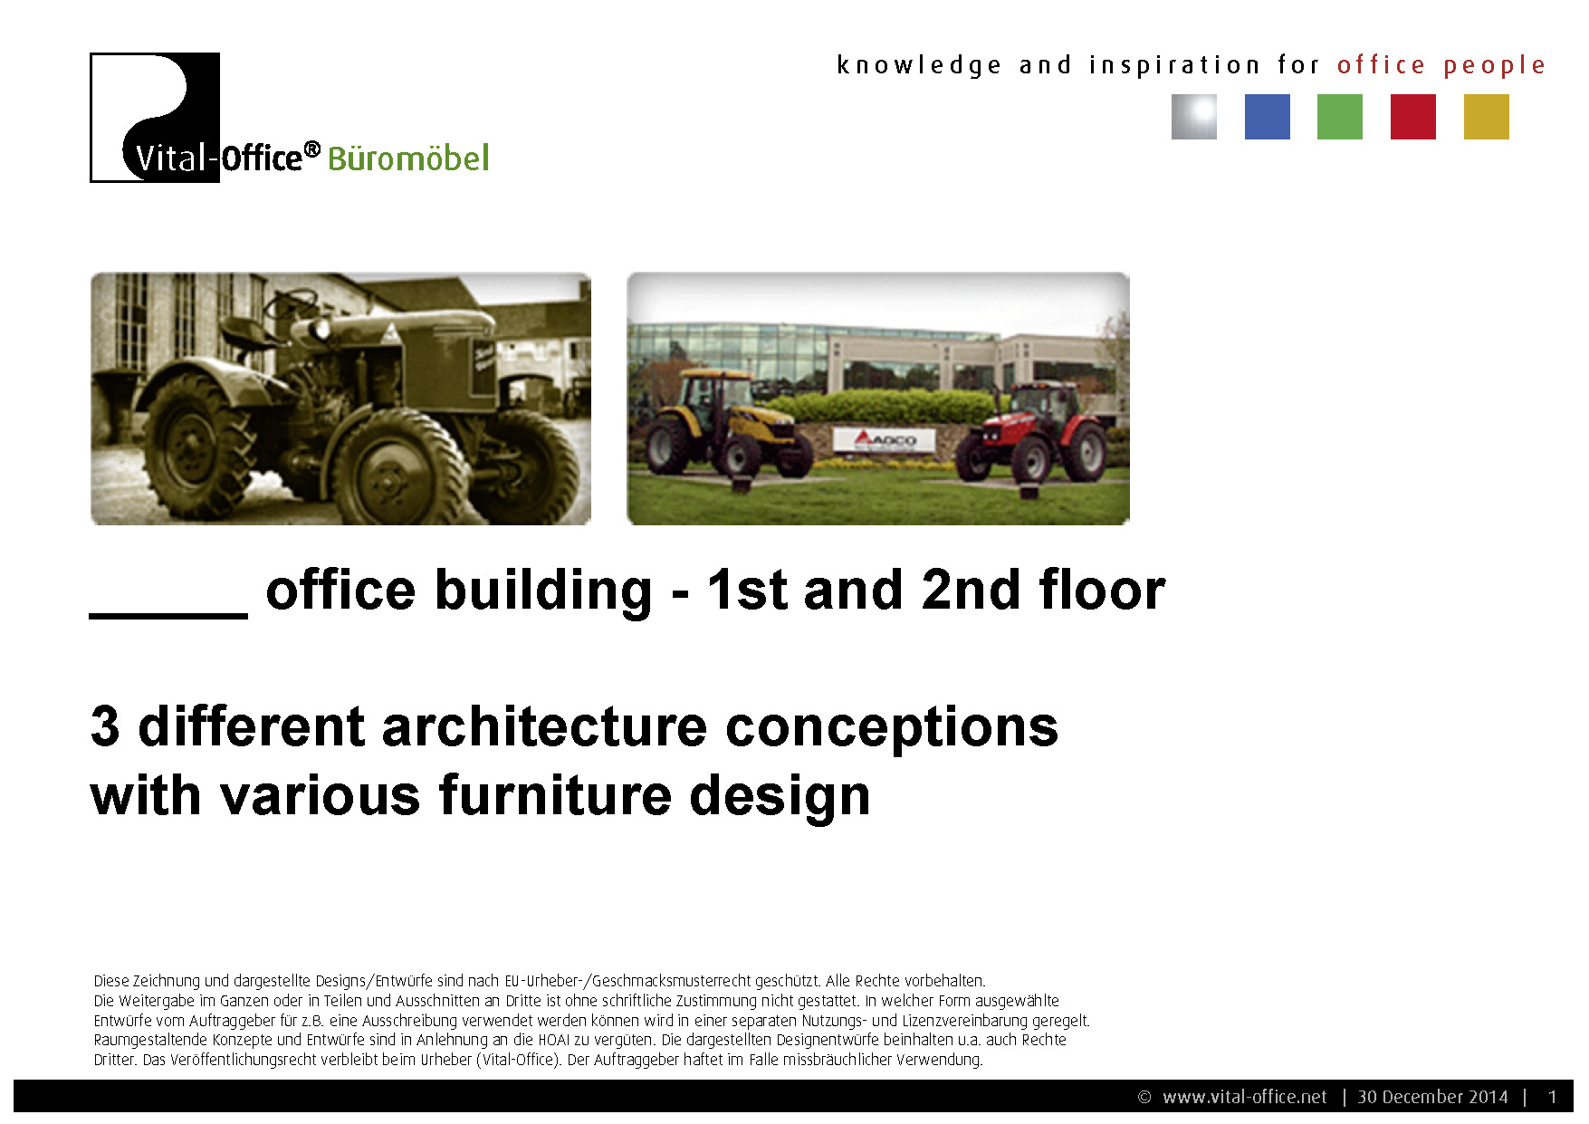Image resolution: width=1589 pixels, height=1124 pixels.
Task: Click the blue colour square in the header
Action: pos(1267,117)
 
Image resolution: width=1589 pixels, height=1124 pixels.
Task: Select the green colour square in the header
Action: pos(1340,117)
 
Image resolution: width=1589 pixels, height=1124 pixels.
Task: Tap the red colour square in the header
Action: pos(1413,117)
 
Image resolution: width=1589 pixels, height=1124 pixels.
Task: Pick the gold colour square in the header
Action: pos(1487,117)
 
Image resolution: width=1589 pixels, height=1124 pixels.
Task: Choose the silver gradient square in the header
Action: pos(1194,117)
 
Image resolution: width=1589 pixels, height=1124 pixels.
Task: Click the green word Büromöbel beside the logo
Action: pos(408,159)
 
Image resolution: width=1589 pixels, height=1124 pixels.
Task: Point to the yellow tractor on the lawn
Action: pos(728,422)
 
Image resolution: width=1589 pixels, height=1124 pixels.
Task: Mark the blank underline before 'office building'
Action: pos(168,616)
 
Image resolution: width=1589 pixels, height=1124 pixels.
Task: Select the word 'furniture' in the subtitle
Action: pos(555,795)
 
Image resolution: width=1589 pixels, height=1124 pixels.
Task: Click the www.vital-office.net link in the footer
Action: pos(1245,1097)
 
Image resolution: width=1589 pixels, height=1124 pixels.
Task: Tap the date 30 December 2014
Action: pos(1432,1097)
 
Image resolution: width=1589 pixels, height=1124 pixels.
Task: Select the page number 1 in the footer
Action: pos(1552,1097)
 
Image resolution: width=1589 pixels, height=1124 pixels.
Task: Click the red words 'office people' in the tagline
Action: pos(1441,66)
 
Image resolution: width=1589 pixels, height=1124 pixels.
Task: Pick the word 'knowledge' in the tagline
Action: pos(919,66)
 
